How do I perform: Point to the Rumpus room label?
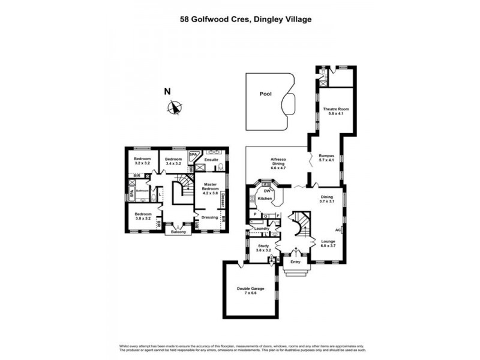pos(326,156)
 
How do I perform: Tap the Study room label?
pos(264,247)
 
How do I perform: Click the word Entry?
pos(295,262)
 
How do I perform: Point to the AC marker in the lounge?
pos(338,229)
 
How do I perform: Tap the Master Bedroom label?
pos(210,188)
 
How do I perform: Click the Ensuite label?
pos(211,160)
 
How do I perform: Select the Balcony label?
pos(179,232)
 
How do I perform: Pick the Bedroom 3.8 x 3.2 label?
pos(142,217)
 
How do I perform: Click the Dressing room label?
pos(209,217)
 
